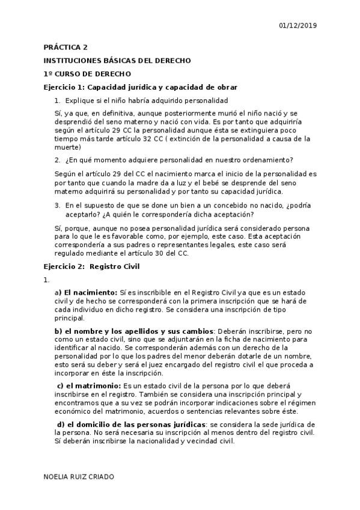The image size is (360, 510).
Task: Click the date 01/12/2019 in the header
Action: tap(298, 25)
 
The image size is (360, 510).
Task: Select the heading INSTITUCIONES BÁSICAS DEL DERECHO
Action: tap(118, 61)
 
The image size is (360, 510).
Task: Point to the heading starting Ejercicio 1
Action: tap(141, 87)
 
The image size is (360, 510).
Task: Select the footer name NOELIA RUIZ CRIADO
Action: tap(79, 476)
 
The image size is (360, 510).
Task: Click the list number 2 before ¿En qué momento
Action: tap(56, 159)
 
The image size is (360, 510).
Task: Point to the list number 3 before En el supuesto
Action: tap(56, 206)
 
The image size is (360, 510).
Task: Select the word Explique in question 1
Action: tap(79, 100)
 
